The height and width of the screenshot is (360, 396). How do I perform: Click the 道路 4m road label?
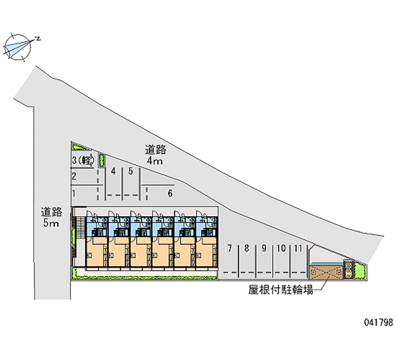click(155, 154)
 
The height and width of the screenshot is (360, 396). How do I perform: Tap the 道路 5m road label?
click(51, 217)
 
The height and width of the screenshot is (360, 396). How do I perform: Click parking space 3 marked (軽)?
click(82, 160)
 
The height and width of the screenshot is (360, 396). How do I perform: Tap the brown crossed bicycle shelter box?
click(326, 271)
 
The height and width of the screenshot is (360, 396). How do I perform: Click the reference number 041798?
click(378, 322)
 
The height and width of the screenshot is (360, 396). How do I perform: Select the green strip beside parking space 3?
click(102, 160)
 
